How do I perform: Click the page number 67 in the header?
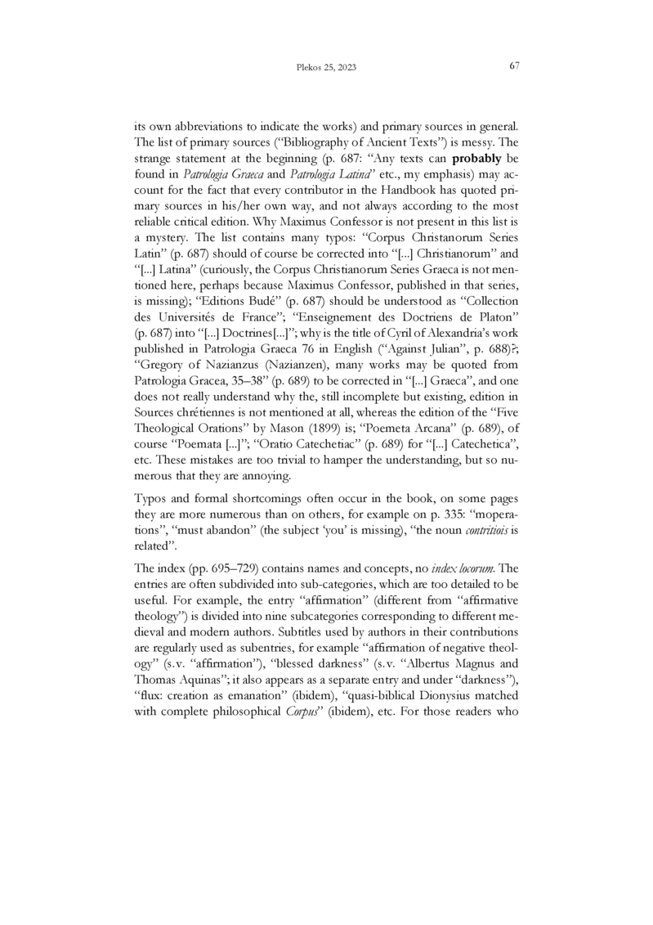[x=514, y=66]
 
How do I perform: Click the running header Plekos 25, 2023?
[x=326, y=67]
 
